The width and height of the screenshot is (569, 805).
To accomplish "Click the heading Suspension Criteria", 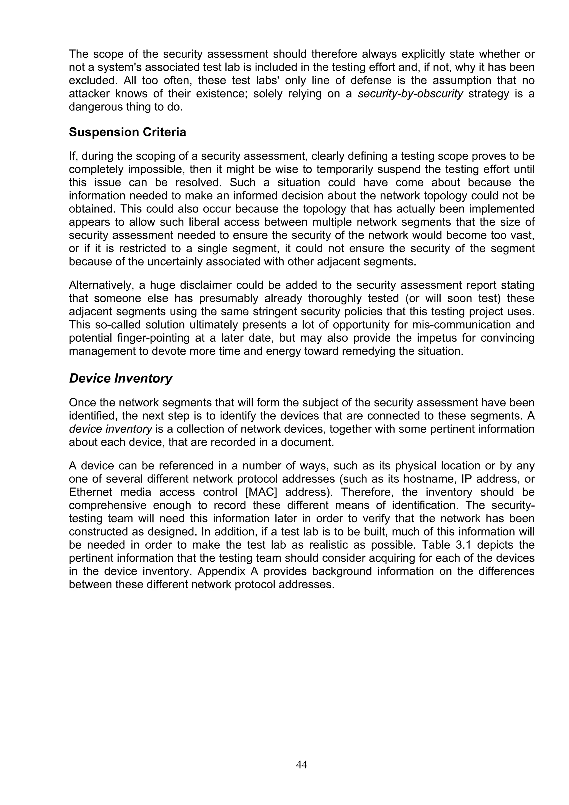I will (x=127, y=132).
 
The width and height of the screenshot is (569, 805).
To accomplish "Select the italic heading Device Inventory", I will (x=121, y=379).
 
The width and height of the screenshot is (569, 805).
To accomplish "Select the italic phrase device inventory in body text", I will (x=110, y=429).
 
